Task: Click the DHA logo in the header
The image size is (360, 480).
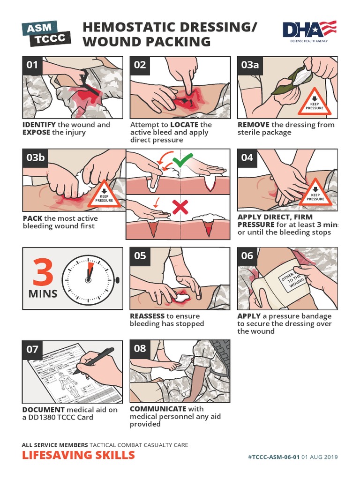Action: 309,31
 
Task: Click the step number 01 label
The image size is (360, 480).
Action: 32,65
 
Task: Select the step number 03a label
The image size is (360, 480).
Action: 250,65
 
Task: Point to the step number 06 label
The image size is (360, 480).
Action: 247,256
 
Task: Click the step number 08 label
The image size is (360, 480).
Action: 140,349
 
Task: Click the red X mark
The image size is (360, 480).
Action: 180,206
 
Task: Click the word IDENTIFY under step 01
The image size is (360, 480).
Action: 39,125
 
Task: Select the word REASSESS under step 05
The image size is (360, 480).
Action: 147,316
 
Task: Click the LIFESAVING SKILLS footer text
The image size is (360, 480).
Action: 78,455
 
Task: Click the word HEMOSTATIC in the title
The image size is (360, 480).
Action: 130,27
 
